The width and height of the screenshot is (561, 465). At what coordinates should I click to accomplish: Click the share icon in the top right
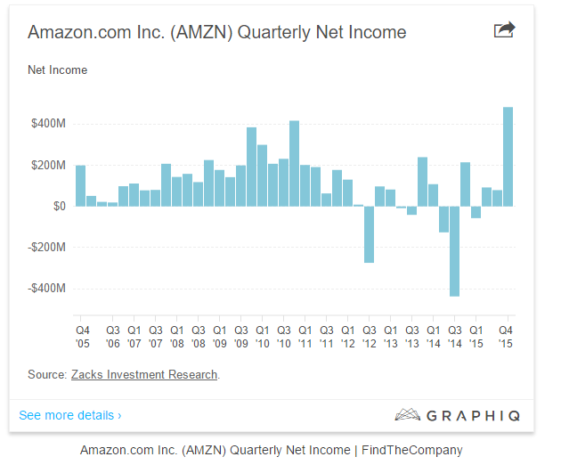tap(504, 31)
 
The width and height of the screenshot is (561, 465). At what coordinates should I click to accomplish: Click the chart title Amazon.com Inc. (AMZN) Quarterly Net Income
tap(216, 33)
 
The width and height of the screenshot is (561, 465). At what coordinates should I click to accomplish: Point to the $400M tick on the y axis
tap(46, 124)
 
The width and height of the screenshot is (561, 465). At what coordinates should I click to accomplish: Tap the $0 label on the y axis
tap(57, 206)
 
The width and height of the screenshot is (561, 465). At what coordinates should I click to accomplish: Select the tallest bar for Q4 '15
tap(508, 157)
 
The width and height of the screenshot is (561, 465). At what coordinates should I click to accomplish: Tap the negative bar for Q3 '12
tap(369, 234)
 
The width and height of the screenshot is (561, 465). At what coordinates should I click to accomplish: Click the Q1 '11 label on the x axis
tap(305, 335)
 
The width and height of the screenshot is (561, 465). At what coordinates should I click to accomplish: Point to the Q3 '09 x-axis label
tap(240, 335)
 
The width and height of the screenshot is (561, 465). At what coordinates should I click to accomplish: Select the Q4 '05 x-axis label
tap(81, 335)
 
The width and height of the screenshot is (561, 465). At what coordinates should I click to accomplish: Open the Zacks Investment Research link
tap(144, 375)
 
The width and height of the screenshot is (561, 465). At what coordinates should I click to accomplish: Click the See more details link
tap(69, 415)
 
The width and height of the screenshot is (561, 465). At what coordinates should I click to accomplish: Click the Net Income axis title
tap(57, 69)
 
